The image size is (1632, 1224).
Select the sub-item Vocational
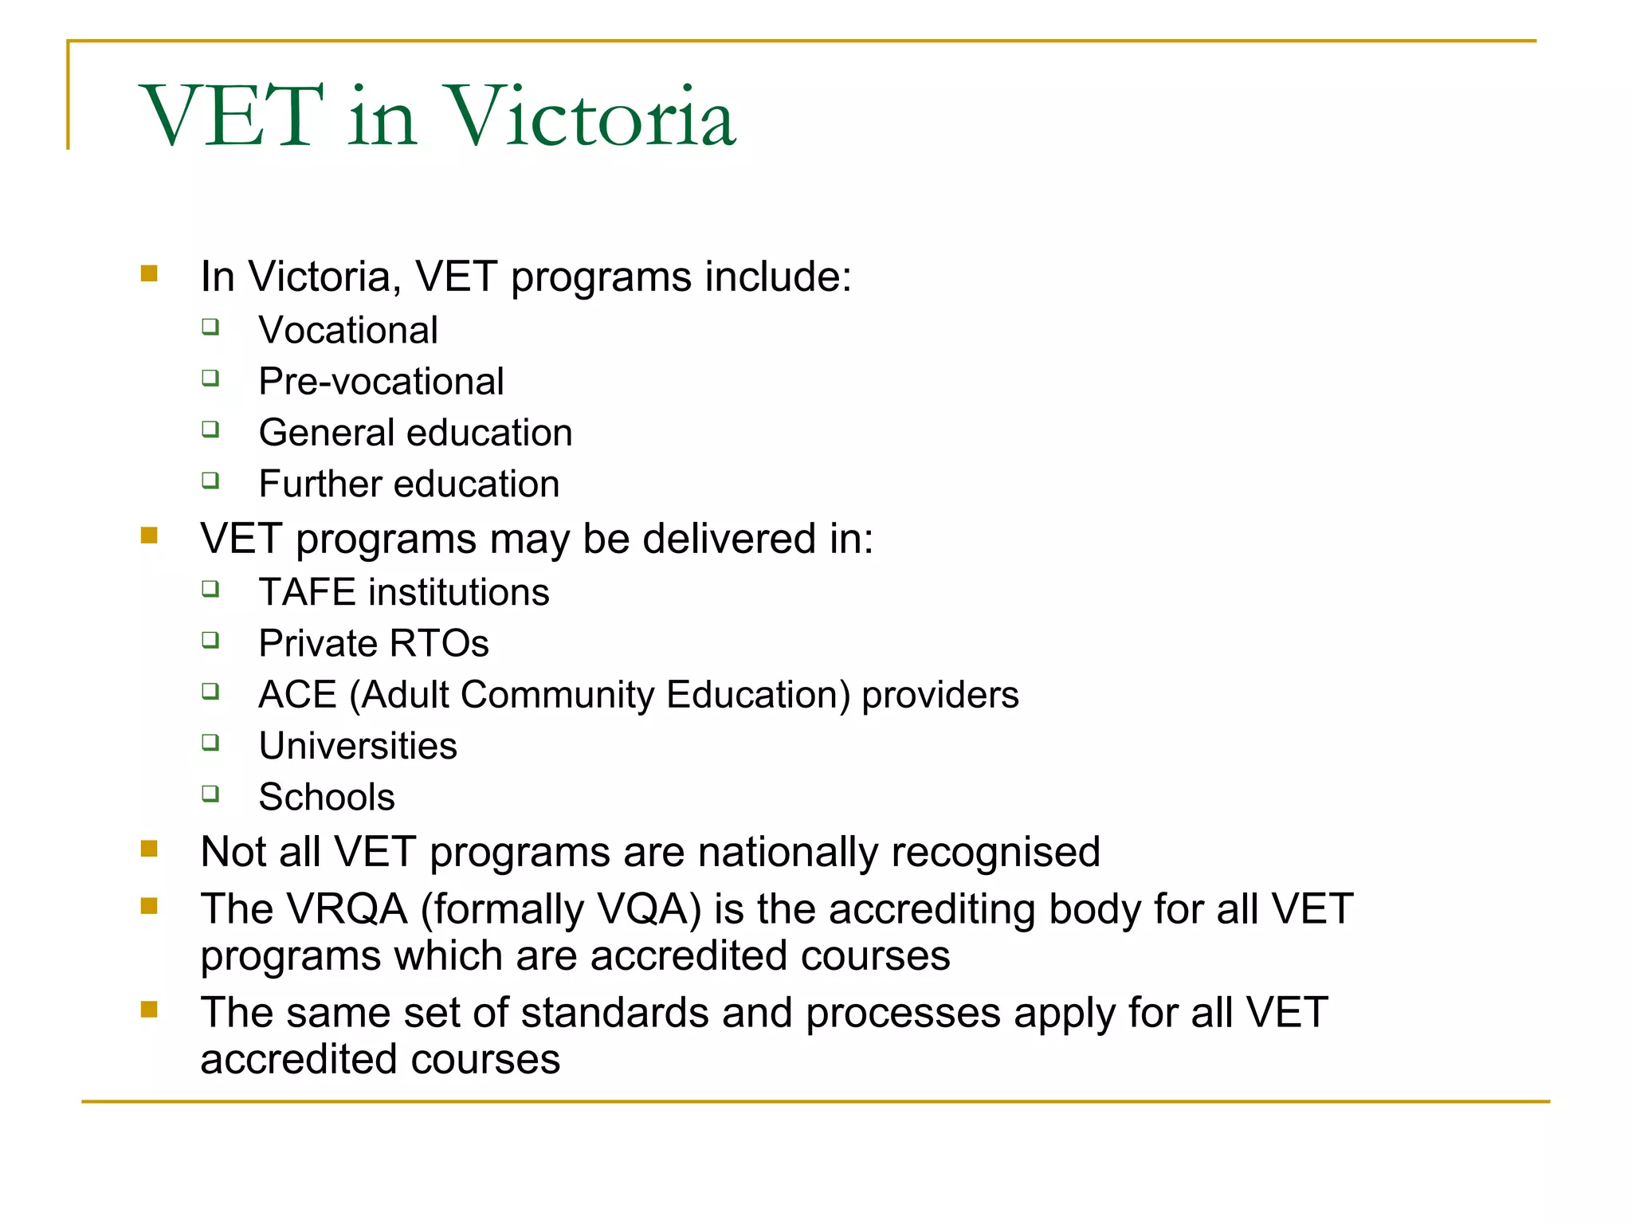tap(348, 330)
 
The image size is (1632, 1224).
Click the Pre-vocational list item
tap(381, 381)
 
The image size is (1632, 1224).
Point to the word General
tap(327, 433)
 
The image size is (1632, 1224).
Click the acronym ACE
tap(297, 694)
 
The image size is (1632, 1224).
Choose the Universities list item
tap(358, 746)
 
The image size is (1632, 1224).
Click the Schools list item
tap(327, 797)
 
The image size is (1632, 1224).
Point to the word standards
tap(615, 1012)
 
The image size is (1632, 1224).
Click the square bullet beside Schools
tap(210, 793)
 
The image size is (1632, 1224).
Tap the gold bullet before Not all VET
tap(149, 849)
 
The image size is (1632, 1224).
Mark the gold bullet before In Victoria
tap(149, 273)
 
